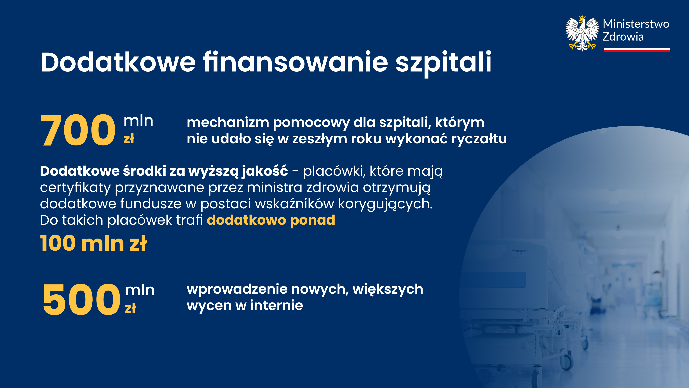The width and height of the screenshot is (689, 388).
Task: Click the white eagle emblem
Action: (x=582, y=33)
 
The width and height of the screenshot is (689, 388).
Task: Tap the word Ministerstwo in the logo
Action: (x=636, y=24)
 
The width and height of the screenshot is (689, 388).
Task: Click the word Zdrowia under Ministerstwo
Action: (x=623, y=37)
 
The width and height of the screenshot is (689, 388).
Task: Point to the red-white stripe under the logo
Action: (x=637, y=50)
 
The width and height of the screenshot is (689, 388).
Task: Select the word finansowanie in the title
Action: (x=295, y=62)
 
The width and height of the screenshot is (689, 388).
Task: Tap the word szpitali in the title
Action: (x=444, y=64)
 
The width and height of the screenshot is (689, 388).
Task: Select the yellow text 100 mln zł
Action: (x=93, y=243)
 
